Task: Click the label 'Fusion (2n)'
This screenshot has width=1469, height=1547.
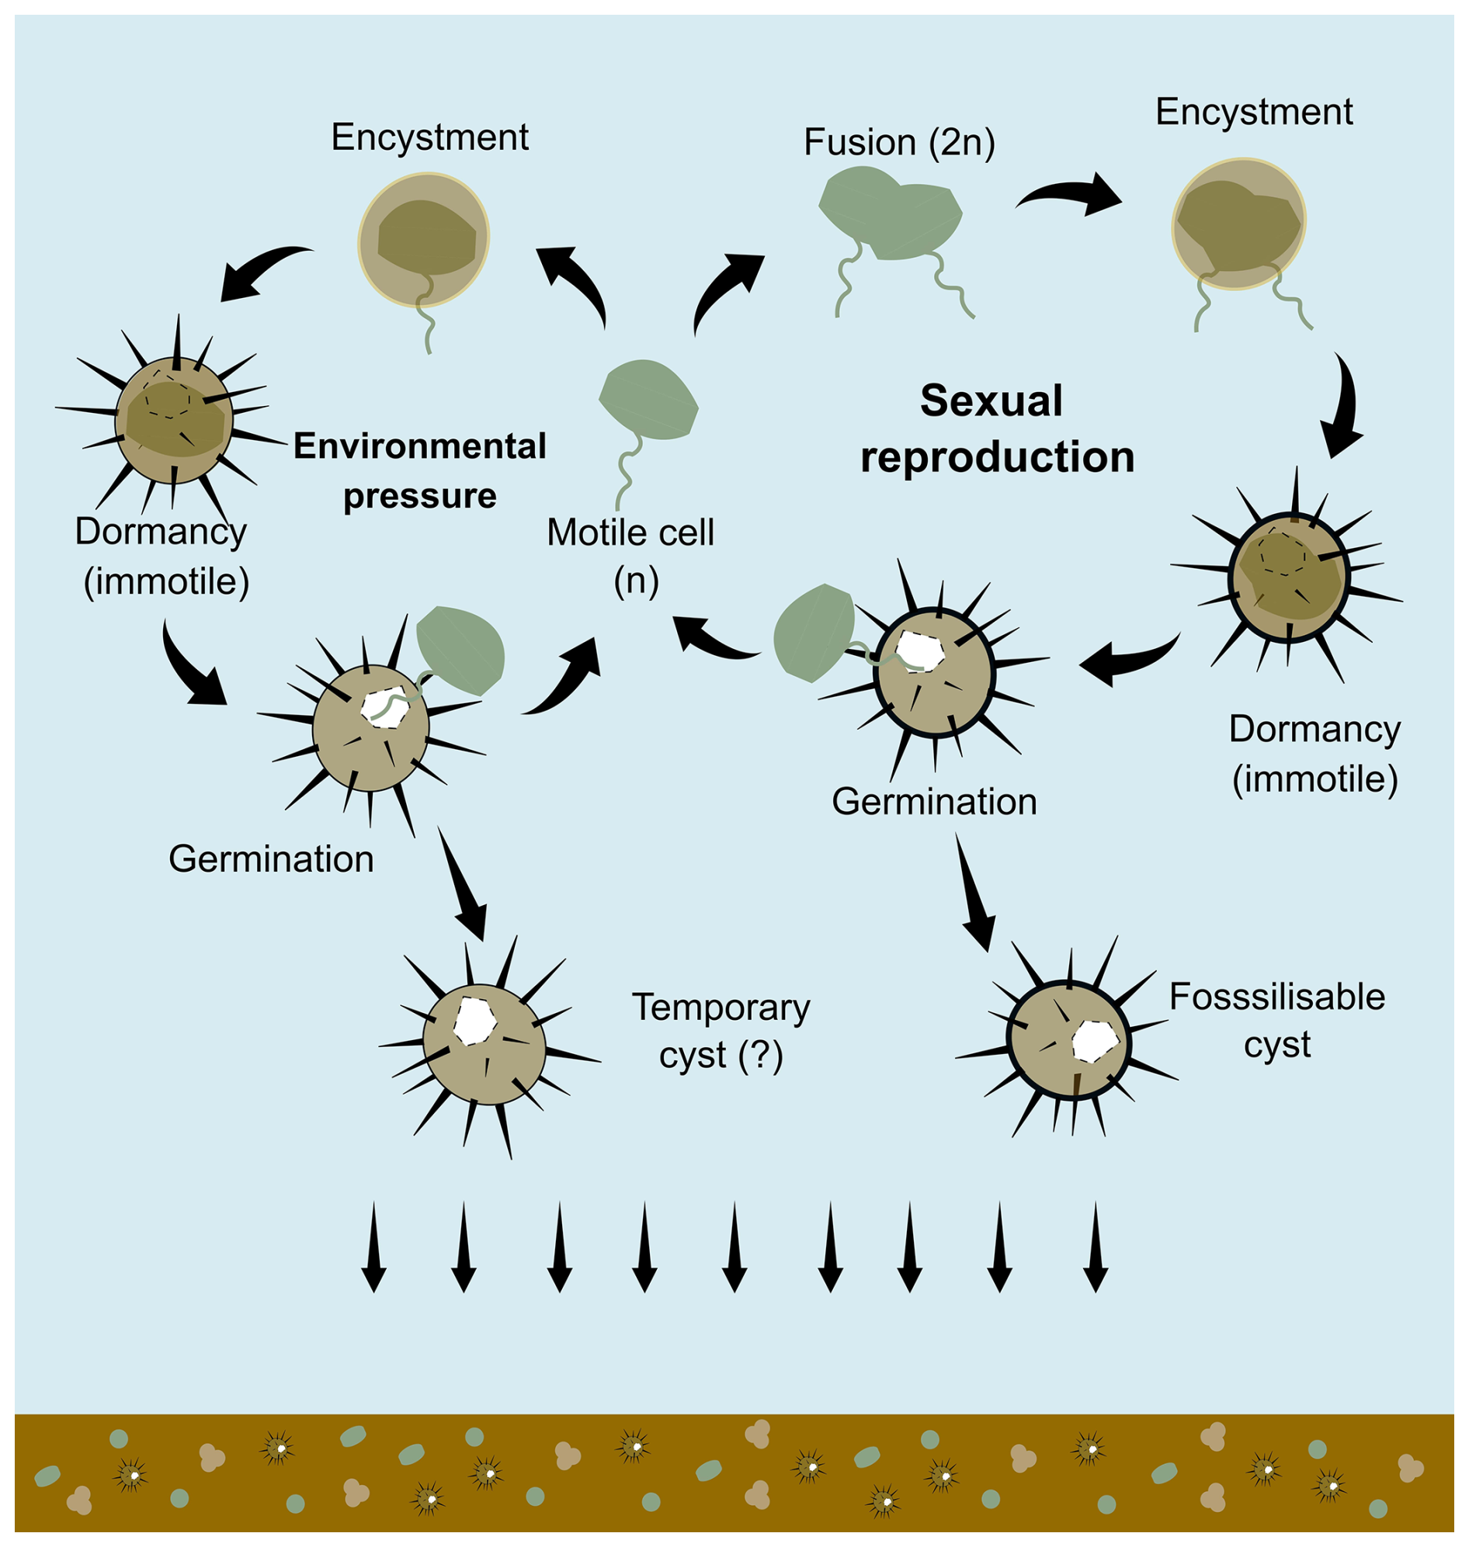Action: (899, 143)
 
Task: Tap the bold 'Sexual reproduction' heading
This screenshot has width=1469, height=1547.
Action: (996, 428)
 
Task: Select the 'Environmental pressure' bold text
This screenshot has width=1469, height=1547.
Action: (420, 470)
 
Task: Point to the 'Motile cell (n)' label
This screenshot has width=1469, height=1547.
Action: (630, 556)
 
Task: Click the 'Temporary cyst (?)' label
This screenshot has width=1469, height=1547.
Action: (721, 1031)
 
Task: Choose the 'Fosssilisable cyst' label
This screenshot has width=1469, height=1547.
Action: (1276, 1020)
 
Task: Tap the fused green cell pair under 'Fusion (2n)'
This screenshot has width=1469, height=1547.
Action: (891, 222)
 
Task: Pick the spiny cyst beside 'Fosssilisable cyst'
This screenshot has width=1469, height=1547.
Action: (1068, 1040)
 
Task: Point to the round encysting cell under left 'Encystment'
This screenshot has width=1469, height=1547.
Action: (424, 240)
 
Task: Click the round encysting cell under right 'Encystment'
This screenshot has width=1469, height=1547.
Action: (1238, 224)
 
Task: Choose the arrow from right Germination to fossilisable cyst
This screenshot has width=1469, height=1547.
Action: (974, 893)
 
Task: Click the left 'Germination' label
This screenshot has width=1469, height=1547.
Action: (271, 859)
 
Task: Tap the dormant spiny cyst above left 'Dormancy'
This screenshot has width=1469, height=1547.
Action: (174, 421)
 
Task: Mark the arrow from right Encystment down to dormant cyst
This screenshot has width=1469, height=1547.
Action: (1344, 407)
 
